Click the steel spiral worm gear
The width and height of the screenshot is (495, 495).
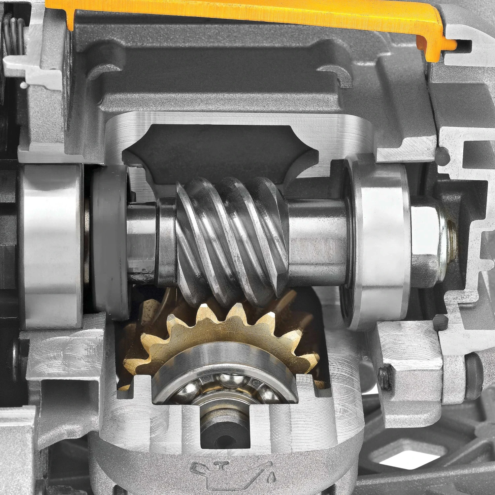tap(231, 238)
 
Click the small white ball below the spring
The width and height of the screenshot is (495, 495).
tap(24, 85)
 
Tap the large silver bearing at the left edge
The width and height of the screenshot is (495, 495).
tap(51, 246)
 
